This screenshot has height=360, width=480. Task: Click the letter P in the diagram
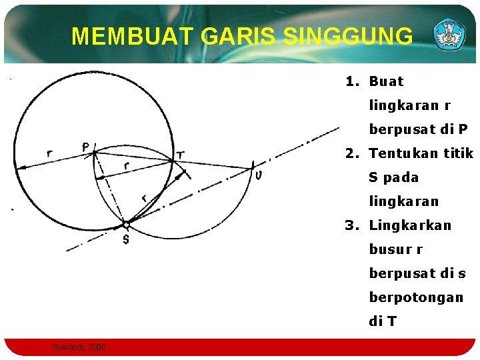click(87, 146)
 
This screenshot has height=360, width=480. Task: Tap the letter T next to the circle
click(181, 155)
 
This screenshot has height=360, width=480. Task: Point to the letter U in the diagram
click(258, 175)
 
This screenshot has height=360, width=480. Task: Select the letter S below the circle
click(125, 239)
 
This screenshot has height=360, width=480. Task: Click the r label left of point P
click(50, 154)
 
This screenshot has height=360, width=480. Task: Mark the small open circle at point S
click(125, 225)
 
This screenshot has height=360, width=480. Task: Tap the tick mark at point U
click(253, 164)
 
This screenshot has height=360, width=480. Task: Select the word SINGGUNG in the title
click(347, 36)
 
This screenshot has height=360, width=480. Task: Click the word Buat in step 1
click(387, 82)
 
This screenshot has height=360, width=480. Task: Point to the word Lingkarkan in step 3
click(410, 225)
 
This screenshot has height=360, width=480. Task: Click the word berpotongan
click(416, 297)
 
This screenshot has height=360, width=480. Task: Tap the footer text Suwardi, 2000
click(79, 347)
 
